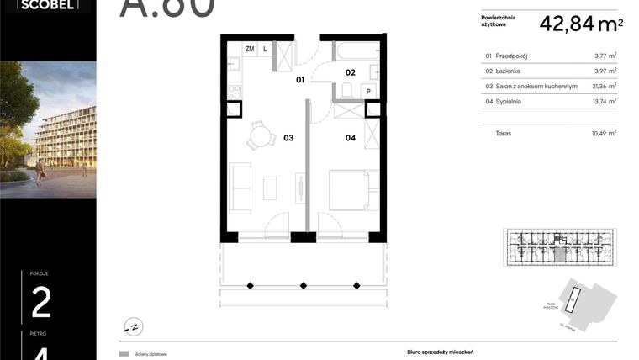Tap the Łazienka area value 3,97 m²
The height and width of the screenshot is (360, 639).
(605, 71)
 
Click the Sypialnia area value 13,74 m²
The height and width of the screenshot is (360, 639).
(605, 101)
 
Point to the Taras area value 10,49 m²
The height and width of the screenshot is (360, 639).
(605, 132)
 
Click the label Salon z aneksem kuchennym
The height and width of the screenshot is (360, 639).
(536, 86)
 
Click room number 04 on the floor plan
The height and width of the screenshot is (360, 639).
(350, 137)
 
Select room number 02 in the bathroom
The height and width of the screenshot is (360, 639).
(350, 72)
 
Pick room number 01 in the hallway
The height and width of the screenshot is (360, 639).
(299, 82)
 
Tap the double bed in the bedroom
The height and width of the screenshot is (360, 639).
(347, 189)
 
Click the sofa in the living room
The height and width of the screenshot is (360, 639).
(240, 188)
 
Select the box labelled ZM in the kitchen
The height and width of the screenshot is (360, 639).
(249, 49)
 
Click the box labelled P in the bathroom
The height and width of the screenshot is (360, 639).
(368, 92)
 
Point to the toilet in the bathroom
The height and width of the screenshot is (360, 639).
(347, 89)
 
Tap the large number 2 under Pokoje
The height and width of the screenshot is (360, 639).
(41, 303)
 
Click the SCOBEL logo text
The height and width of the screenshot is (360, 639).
(41, 5)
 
